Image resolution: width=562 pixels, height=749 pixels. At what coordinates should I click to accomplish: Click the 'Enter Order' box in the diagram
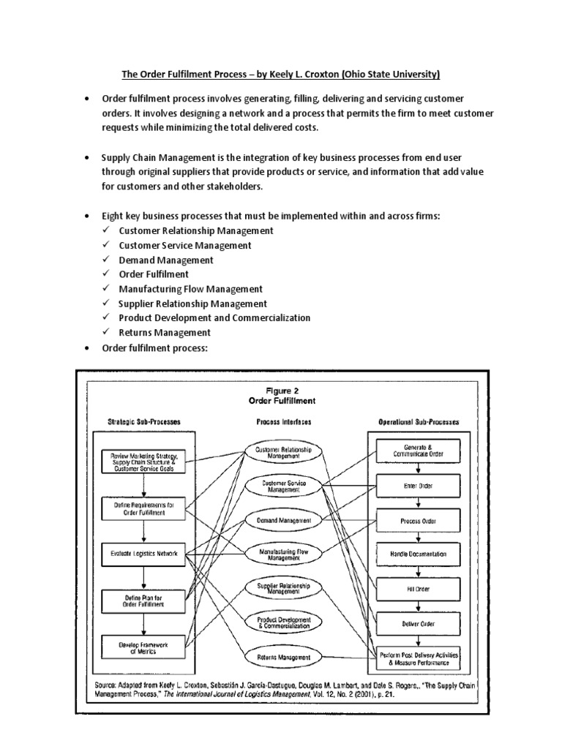pos(419,484)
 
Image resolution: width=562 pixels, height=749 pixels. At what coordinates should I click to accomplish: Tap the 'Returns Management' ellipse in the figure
pos(284,658)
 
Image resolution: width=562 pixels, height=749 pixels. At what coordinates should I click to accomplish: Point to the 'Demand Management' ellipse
pos(284,520)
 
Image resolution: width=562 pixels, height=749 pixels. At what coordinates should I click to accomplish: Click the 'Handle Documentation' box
pos(419,554)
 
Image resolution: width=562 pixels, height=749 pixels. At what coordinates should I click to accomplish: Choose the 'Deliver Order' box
pos(419,624)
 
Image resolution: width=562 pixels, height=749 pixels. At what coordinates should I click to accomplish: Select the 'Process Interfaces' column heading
pos(284,422)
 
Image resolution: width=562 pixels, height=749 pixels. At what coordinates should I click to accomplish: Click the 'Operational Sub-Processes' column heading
pos(419,422)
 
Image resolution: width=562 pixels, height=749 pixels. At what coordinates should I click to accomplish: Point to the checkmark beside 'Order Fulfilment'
pos(106,274)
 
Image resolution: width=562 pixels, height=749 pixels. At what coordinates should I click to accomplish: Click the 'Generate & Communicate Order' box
pos(419,450)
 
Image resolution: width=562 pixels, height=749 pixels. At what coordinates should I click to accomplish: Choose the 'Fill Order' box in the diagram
pos(419,589)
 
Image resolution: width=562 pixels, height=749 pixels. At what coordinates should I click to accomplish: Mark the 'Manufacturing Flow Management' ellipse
pos(284,554)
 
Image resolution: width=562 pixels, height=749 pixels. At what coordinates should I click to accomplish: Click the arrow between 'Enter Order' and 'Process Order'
pos(419,502)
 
